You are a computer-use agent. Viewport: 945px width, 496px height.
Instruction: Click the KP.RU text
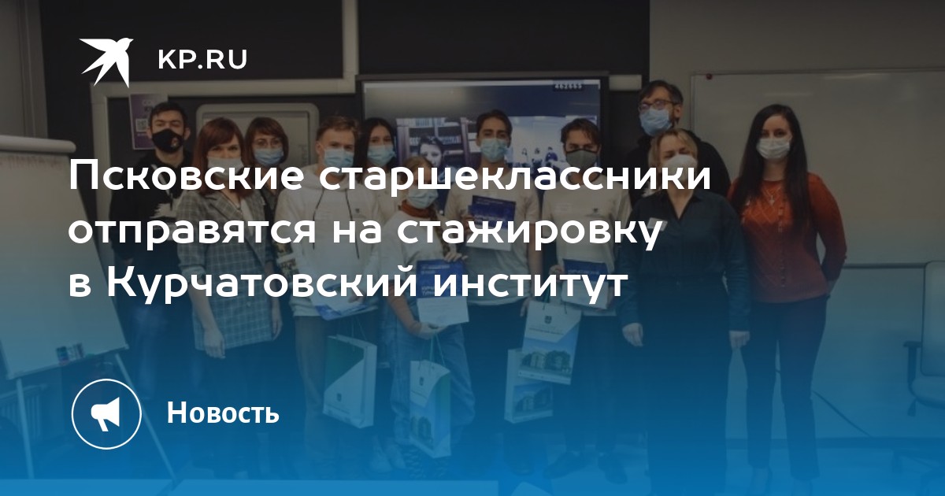click(x=202, y=60)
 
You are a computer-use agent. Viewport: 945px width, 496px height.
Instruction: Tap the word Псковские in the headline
click(x=185, y=178)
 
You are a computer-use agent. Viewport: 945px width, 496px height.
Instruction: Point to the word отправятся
click(x=192, y=231)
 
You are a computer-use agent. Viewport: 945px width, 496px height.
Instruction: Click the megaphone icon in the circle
click(x=106, y=414)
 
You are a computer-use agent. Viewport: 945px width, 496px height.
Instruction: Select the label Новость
click(x=223, y=413)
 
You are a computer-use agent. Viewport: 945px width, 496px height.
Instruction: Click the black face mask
click(x=168, y=140)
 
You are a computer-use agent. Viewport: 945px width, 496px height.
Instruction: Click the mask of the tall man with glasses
click(x=654, y=120)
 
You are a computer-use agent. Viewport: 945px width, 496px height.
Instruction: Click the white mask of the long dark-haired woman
click(x=773, y=149)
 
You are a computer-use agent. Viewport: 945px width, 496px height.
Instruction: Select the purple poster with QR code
click(x=143, y=121)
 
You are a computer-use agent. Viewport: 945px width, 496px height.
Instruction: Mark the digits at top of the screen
click(x=568, y=86)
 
